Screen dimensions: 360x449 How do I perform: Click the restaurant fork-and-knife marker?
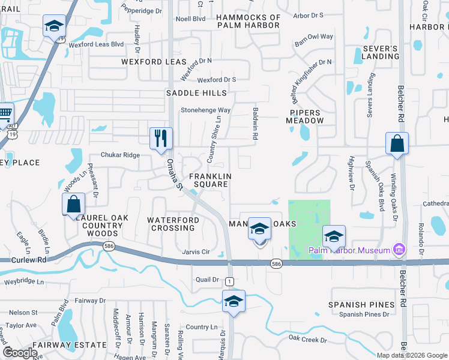(161, 138)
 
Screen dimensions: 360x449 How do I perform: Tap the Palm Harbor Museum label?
(349, 250)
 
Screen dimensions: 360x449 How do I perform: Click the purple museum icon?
(397, 249)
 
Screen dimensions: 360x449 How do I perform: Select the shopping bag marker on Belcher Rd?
(397, 143)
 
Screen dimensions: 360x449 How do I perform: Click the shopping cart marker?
(5, 113)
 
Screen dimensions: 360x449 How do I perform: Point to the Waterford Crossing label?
(173, 224)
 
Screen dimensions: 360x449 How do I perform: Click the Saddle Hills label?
(196, 93)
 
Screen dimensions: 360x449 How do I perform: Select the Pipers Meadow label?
(307, 116)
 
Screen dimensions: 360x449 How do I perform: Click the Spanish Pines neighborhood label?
(361, 305)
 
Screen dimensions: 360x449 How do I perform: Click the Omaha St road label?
(175, 175)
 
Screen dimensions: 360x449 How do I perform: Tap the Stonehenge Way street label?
(206, 110)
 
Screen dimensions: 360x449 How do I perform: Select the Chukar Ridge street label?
(120, 155)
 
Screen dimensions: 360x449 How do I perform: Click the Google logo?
(20, 353)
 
